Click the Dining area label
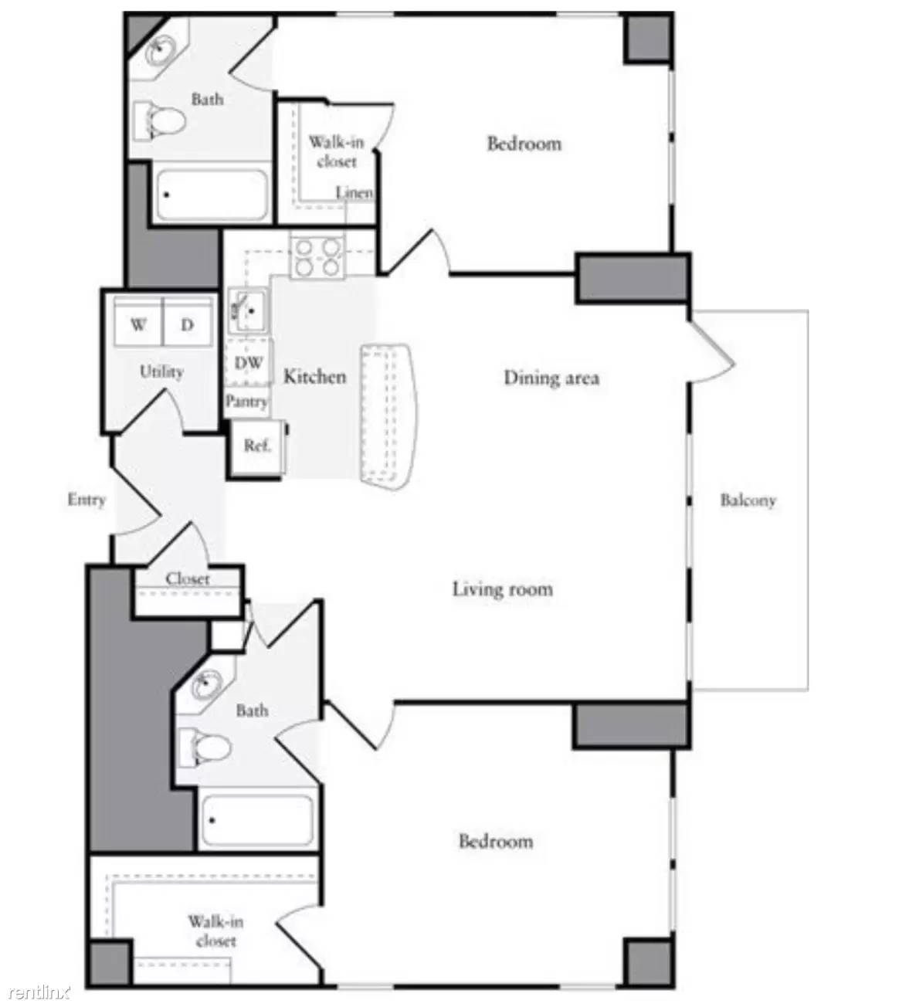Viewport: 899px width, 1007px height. [551, 378]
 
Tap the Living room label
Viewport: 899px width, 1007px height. [502, 590]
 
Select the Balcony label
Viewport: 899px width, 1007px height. [748, 500]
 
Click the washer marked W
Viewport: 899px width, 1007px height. [138, 325]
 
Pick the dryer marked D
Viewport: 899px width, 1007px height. [188, 325]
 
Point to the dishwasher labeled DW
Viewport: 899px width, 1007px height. [248, 362]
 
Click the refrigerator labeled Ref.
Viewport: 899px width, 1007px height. [256, 446]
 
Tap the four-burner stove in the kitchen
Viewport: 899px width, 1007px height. [317, 257]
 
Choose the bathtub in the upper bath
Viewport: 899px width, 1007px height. [210, 195]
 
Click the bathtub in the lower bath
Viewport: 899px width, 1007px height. [257, 820]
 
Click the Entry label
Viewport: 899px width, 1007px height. [86, 500]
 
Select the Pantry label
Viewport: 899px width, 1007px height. [247, 402]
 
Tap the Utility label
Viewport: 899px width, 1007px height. [161, 371]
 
